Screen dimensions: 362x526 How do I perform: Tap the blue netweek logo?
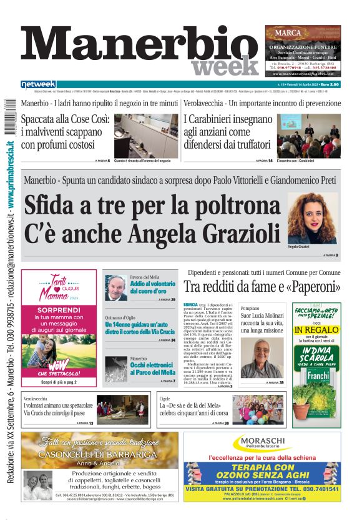click(x=38, y=84)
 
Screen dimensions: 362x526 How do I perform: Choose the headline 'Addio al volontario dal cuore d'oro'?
click(x=152, y=287)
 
